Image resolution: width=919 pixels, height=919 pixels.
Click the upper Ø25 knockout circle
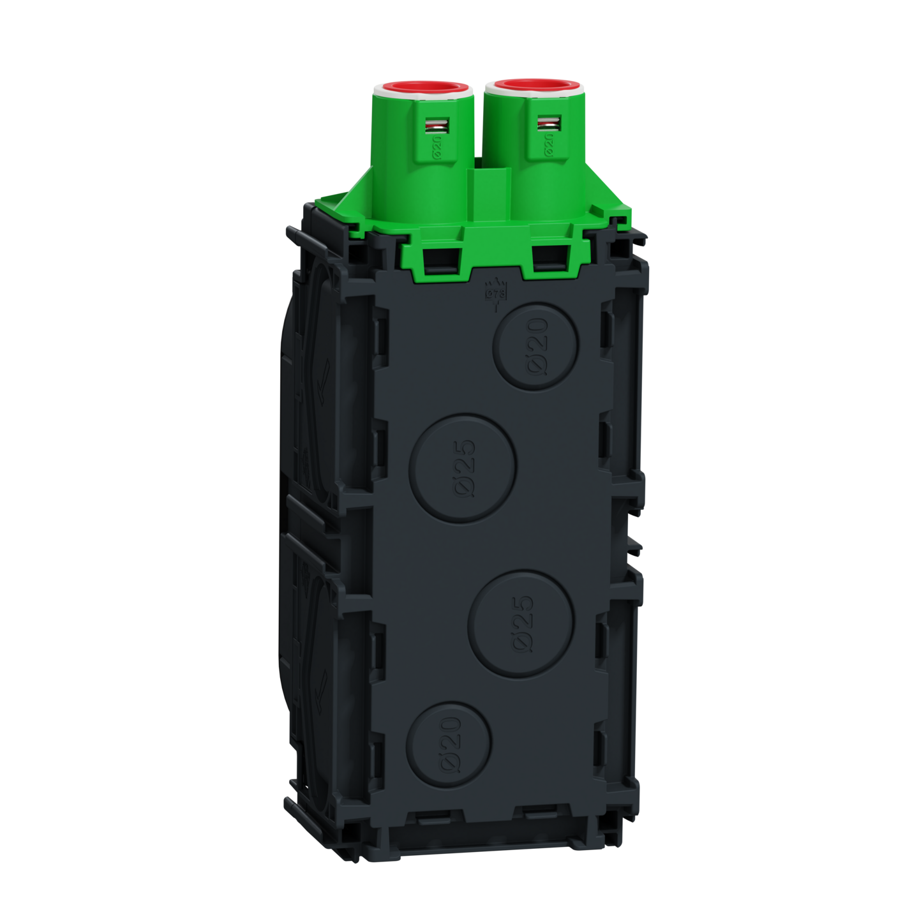pyautogui.click(x=463, y=468)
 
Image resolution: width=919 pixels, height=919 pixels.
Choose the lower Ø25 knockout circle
pyautogui.click(x=521, y=624)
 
